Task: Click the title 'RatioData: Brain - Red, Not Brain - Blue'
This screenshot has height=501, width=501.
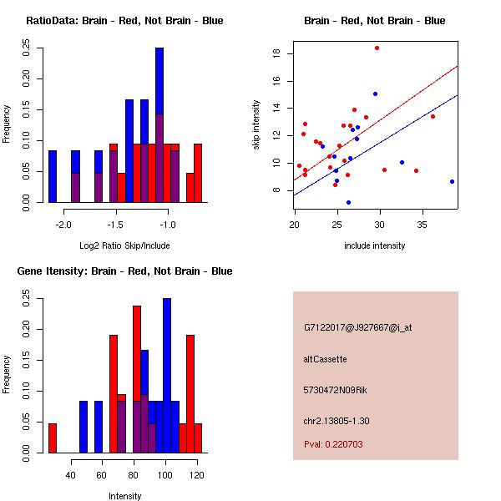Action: coord(124,21)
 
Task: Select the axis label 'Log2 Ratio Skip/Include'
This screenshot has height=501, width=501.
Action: coord(124,245)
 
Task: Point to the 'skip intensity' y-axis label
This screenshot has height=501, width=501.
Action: coord(256,125)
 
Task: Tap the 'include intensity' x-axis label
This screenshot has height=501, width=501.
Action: coord(376,245)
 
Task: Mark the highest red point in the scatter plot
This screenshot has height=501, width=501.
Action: coord(377,48)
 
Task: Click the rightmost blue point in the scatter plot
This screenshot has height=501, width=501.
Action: coord(452,181)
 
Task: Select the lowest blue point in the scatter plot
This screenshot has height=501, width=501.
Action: coord(348,202)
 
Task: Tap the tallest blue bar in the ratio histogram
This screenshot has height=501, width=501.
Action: coord(159,125)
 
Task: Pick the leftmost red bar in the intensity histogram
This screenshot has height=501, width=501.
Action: coord(53,438)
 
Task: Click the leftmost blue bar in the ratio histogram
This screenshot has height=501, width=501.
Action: coord(53,176)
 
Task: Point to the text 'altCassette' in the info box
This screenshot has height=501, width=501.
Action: coord(325,359)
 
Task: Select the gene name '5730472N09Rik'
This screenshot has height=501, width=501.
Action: coord(331,390)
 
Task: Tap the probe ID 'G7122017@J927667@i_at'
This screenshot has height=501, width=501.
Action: coord(357,327)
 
